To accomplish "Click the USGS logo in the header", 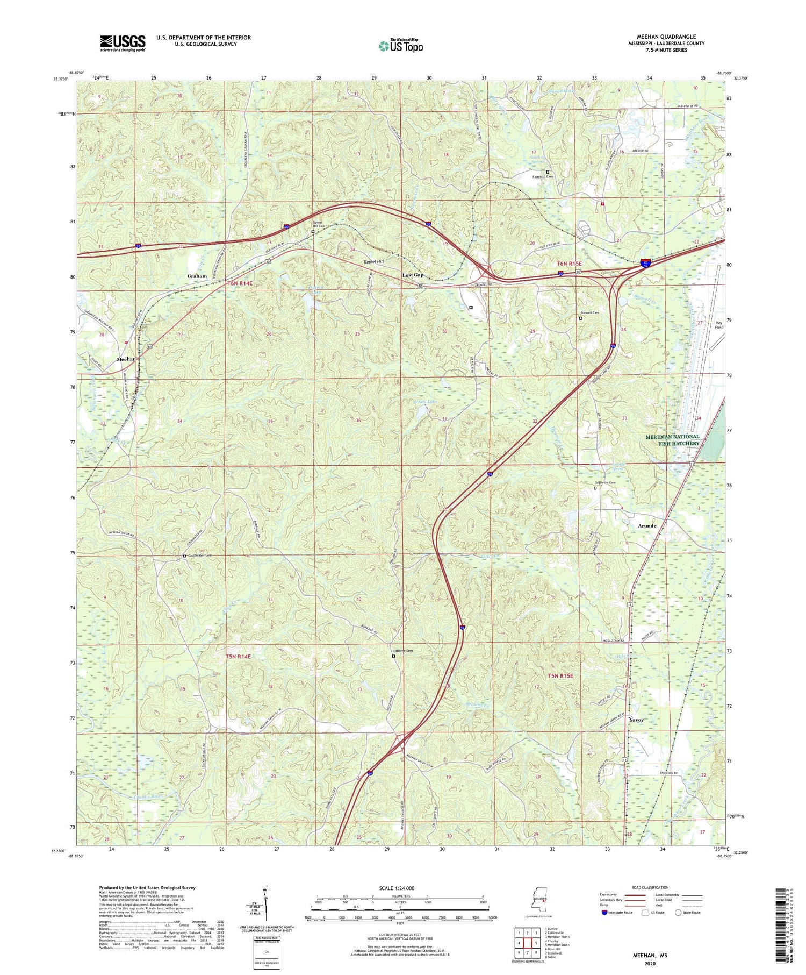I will click(123, 43).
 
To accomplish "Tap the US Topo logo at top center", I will click(400, 46).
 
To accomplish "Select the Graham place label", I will click(197, 276).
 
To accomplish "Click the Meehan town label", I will click(127, 359).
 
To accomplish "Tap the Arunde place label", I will click(647, 525).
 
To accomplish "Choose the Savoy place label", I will click(636, 720).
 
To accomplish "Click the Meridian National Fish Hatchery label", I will click(672, 440).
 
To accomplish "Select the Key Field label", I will click(718, 325).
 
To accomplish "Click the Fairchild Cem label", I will click(542, 177).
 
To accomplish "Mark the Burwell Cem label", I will click(589, 312).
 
